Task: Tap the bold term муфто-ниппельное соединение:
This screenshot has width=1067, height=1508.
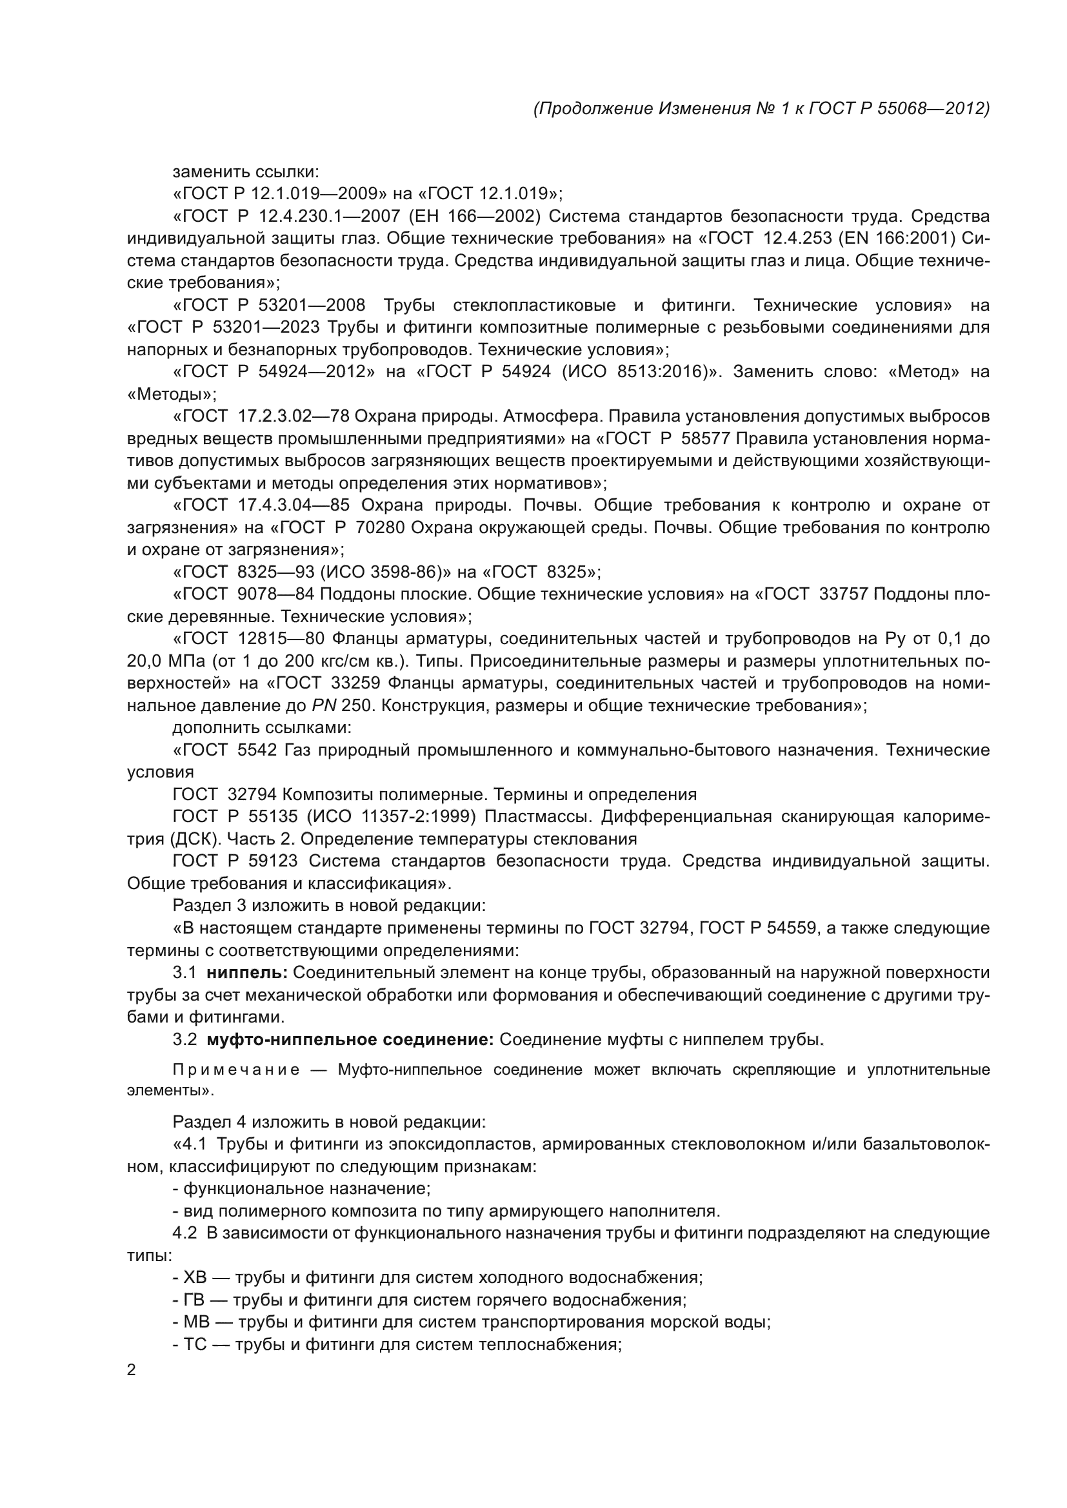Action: (x=350, y=1040)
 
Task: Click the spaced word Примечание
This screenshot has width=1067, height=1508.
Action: (x=236, y=1070)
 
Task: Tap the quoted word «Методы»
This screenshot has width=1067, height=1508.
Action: (x=172, y=394)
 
